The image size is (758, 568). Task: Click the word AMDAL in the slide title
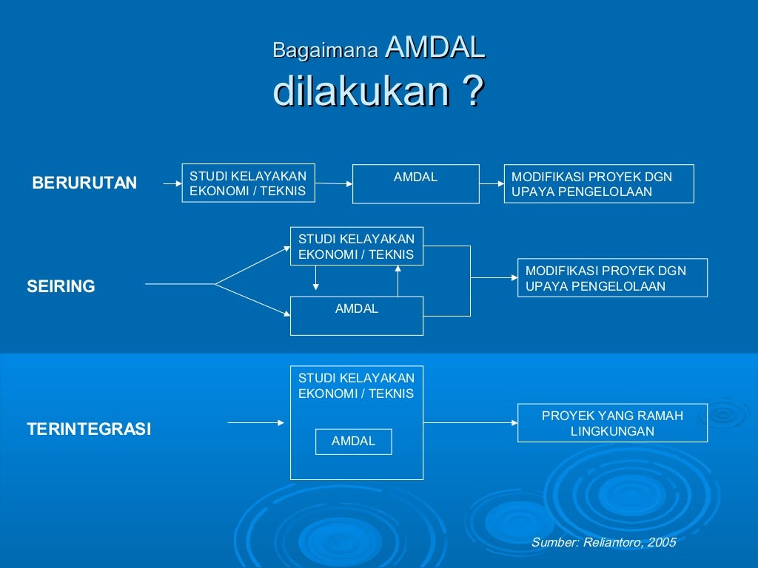tap(435, 49)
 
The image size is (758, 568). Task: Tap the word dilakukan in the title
tap(362, 92)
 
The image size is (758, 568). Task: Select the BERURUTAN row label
tap(84, 183)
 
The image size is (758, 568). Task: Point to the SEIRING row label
tap(61, 286)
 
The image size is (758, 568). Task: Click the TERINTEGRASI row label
tap(89, 429)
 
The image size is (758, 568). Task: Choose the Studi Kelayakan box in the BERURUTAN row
tap(249, 183)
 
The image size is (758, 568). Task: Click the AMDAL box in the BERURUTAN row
tap(415, 183)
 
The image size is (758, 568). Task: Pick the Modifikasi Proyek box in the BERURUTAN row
tap(599, 183)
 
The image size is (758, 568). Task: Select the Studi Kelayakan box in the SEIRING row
tap(357, 246)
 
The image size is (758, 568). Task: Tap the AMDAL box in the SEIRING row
tap(357, 316)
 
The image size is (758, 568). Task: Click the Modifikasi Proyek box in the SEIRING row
tap(612, 278)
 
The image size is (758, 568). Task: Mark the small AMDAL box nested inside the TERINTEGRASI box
tap(353, 442)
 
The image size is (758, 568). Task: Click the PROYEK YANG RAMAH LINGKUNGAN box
tap(612, 423)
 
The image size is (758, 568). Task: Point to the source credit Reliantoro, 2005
tap(603, 542)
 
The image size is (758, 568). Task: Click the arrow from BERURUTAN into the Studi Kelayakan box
tap(172, 183)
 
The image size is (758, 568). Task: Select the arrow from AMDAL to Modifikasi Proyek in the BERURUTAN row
tap(492, 183)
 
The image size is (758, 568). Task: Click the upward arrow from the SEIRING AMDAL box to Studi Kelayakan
tap(398, 280)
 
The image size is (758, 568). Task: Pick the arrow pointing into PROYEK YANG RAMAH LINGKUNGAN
tap(471, 423)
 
